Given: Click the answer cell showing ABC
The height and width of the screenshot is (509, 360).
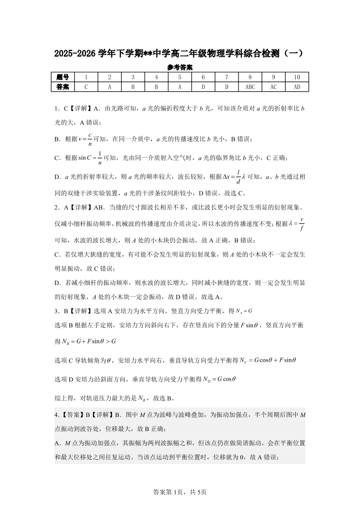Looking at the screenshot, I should click(250, 87).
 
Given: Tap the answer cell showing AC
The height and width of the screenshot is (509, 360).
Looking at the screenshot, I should click(273, 87).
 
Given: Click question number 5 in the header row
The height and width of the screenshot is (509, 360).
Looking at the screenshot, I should click(180, 77).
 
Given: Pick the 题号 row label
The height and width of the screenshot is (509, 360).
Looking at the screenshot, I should click(63, 77).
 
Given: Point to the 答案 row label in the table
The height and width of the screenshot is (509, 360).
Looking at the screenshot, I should click(63, 87).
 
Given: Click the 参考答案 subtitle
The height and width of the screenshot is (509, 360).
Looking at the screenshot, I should click(180, 67).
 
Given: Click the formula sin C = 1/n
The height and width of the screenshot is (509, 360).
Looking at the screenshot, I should click(90, 158).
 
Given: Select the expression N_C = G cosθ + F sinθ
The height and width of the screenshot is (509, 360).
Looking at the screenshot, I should click(257, 360).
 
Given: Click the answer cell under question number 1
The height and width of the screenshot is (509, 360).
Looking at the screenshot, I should click(86, 87).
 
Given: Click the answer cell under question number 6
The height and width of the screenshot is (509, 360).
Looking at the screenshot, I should click(203, 87).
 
